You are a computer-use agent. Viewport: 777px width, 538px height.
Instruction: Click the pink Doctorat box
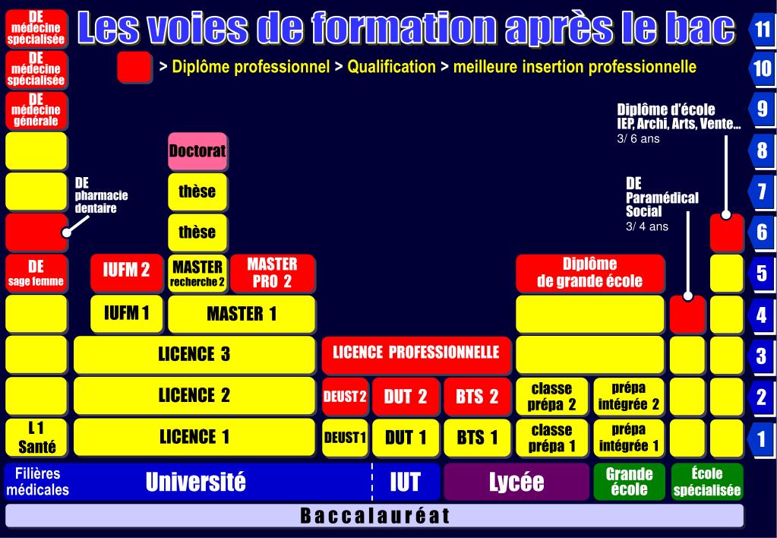click(197, 150)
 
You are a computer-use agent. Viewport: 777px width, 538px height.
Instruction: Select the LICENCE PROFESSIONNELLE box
click(415, 353)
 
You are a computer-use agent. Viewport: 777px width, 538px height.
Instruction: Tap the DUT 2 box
click(406, 397)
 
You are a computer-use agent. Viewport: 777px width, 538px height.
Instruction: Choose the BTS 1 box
click(478, 438)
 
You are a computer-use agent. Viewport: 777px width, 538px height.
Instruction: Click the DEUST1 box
click(345, 438)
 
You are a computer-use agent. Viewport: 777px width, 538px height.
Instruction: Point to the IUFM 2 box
click(126, 272)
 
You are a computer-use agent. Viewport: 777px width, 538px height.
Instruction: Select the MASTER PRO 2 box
click(272, 273)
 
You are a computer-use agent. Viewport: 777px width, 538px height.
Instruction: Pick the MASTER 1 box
click(241, 313)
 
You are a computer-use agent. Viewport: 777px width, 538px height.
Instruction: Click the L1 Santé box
click(36, 438)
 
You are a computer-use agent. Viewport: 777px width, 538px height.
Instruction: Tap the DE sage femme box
click(36, 273)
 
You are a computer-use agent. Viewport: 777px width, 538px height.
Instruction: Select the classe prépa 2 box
click(552, 397)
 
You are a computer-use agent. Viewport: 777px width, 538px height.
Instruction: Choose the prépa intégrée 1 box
click(628, 438)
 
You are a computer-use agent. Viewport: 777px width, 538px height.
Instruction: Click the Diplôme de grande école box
click(589, 273)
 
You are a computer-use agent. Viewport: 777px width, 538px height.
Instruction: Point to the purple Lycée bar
click(516, 482)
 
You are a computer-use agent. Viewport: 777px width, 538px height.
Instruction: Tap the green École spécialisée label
click(706, 482)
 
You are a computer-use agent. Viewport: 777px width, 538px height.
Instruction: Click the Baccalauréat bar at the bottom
click(374, 516)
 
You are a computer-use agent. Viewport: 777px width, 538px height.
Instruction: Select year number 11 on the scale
click(763, 29)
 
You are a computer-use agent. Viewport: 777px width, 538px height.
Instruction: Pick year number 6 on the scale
click(762, 232)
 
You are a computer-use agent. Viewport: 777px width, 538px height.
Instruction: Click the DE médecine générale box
click(36, 110)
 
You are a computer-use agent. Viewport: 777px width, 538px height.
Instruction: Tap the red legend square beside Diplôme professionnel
click(134, 67)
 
